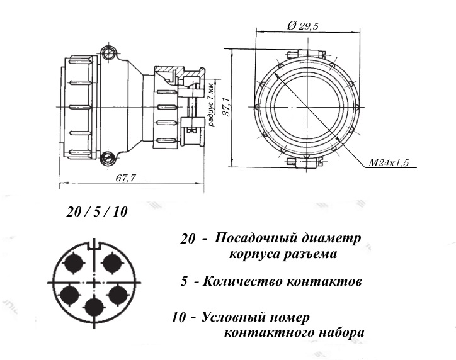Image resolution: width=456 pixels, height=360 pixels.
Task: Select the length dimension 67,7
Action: click(125, 178)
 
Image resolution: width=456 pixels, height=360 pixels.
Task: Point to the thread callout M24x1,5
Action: click(389, 163)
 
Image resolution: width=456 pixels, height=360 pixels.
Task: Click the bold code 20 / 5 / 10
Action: click(97, 211)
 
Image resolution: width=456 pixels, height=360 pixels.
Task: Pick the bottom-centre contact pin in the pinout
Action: click(94, 308)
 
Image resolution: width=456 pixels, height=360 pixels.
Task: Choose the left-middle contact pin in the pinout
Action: click(69, 293)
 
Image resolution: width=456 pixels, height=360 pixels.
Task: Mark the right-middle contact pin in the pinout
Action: click(118, 293)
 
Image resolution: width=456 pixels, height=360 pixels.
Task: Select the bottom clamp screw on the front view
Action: click(305, 162)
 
